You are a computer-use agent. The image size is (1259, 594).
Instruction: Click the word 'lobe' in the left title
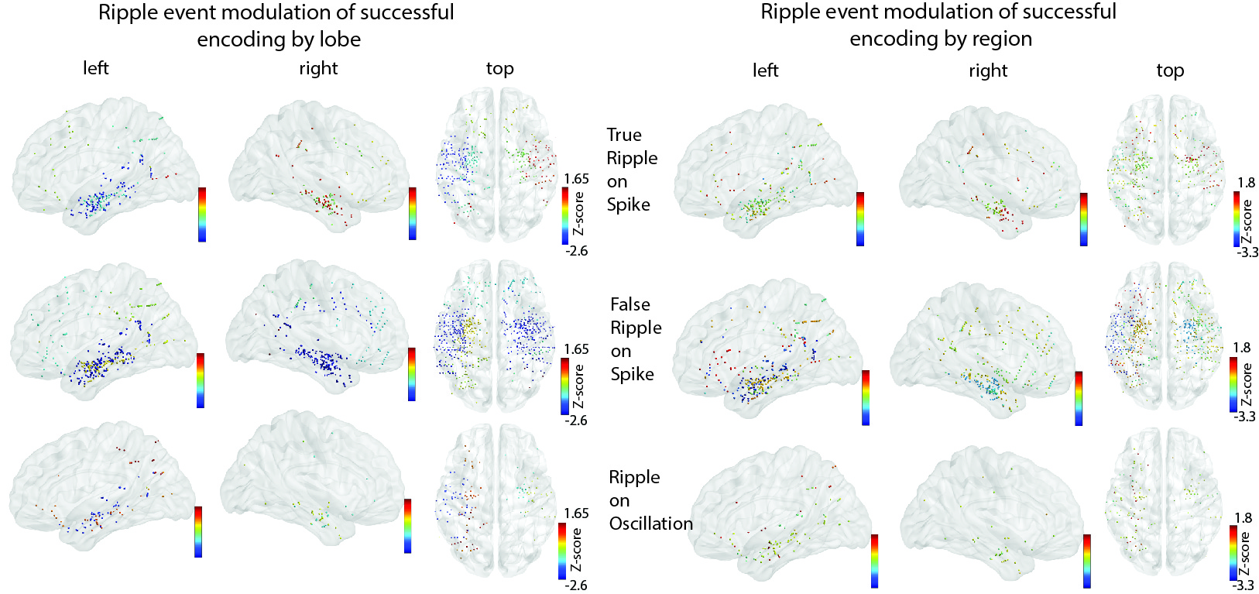click(x=339, y=39)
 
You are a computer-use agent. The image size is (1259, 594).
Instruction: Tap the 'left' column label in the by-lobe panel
click(x=95, y=68)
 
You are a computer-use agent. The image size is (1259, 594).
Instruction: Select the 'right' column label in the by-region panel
click(x=988, y=70)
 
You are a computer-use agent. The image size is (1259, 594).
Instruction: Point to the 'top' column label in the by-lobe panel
click(x=499, y=69)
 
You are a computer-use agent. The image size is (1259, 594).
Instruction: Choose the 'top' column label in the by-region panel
click(x=1169, y=70)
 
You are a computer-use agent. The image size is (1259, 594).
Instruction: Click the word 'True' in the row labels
click(x=624, y=135)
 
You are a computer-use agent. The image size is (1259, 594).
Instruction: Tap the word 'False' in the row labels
click(x=629, y=304)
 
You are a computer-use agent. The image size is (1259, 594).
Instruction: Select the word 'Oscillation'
click(x=650, y=524)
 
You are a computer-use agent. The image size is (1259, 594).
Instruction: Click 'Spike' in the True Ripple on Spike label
click(x=628, y=204)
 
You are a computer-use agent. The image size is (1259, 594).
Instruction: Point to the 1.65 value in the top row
click(x=576, y=179)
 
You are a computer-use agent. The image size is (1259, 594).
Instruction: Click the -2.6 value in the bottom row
click(x=576, y=585)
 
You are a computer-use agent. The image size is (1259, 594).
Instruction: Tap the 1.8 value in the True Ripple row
click(x=1246, y=183)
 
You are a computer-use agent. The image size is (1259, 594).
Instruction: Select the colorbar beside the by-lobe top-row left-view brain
click(x=201, y=214)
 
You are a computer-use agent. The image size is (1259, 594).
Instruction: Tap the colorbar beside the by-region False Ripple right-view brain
click(x=1079, y=398)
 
